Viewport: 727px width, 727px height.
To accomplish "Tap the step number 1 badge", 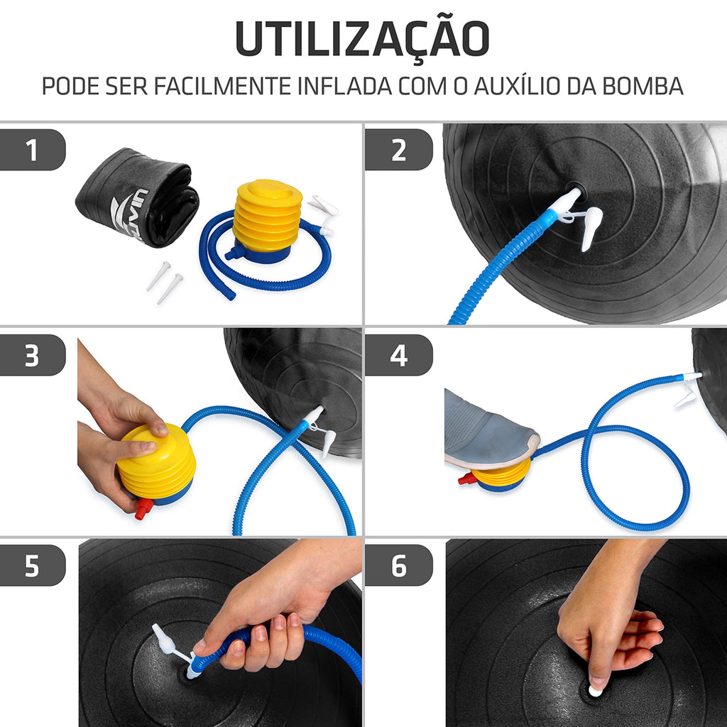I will pyautogui.click(x=32, y=150).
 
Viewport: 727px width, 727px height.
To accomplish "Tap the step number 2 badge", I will pyautogui.click(x=398, y=150).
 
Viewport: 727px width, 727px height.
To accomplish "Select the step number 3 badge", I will pyautogui.click(x=32, y=355).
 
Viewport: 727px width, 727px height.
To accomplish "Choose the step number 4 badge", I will pyautogui.click(x=398, y=355).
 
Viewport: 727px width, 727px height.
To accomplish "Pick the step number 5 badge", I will pyautogui.click(x=32, y=565).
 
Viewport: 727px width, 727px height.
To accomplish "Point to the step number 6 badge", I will pyautogui.click(x=398, y=565).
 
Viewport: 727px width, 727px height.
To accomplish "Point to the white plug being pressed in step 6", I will pyautogui.click(x=595, y=689).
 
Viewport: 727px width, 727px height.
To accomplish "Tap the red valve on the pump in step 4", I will pyautogui.click(x=467, y=479).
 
